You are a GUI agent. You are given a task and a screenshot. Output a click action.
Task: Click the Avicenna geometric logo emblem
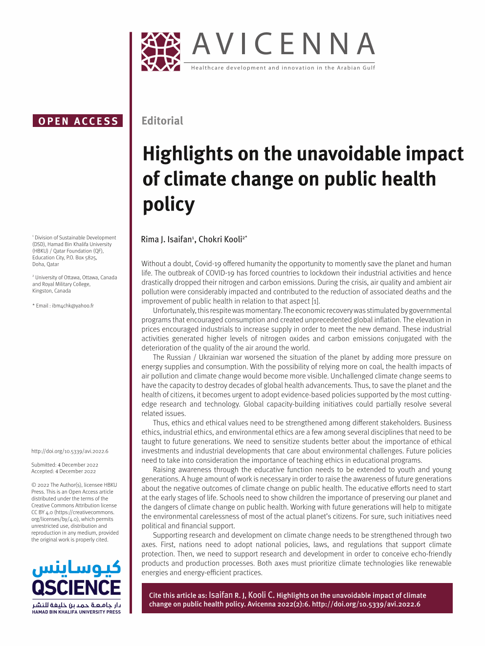point(161,52)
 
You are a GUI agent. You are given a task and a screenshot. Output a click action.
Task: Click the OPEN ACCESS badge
point(78,121)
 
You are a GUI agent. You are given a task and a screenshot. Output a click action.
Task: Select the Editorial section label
point(162,121)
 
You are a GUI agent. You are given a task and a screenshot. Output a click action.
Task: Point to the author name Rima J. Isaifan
point(166,239)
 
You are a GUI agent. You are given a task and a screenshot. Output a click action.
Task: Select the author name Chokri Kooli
point(220,239)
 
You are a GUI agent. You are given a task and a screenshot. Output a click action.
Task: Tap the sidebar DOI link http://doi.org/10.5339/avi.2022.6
point(70,451)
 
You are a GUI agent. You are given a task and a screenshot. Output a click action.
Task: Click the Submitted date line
point(65,465)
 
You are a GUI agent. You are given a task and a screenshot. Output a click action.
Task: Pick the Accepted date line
point(64,471)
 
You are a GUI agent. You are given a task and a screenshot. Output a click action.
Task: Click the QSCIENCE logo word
point(76,587)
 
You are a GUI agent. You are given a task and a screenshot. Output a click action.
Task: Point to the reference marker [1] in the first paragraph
point(316,301)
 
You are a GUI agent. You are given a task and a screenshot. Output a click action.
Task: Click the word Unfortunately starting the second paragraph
point(174,311)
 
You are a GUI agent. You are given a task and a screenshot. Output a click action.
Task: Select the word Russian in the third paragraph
point(178,357)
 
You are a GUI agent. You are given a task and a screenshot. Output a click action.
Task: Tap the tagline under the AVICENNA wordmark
point(283,68)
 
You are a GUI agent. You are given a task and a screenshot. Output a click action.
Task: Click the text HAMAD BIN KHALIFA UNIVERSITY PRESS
point(76,612)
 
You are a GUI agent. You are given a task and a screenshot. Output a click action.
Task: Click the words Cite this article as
point(178,596)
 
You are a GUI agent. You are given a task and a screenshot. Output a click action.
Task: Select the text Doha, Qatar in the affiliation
point(45,264)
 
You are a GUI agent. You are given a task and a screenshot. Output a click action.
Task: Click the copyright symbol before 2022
point(34,485)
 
